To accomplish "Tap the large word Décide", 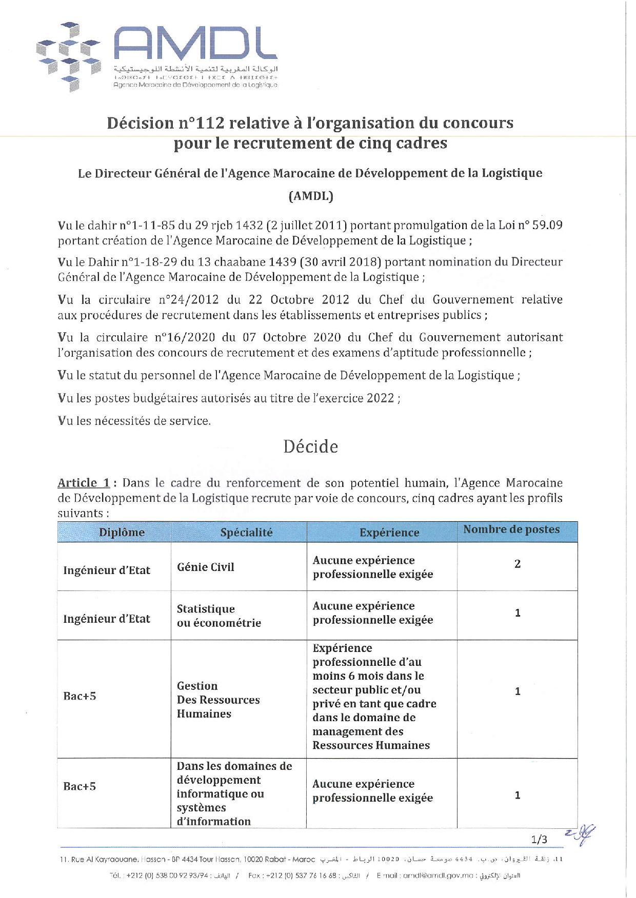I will click(311, 446).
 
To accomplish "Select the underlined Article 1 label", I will click(84, 483).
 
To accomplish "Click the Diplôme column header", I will click(122, 532).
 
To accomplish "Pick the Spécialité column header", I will click(246, 532).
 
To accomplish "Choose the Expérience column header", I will click(389, 533).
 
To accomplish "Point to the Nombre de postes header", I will click(511, 529).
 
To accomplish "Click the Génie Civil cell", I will click(206, 567).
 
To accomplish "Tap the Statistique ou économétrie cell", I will click(219, 616).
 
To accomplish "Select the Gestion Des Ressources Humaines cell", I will click(218, 700).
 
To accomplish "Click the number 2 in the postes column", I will click(518, 564).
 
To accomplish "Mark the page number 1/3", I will click(539, 839).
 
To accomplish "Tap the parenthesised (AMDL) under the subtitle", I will click(311, 196).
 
